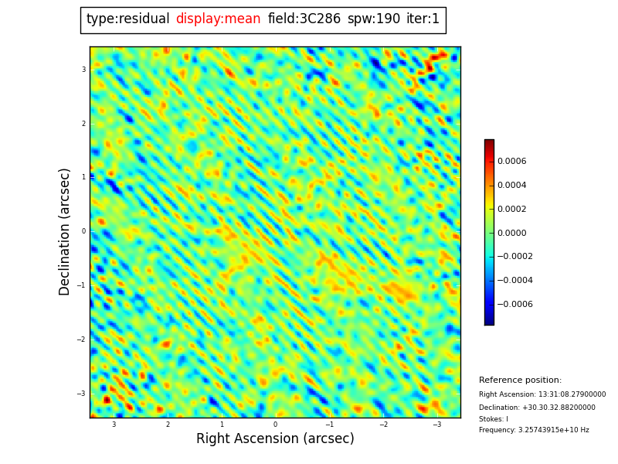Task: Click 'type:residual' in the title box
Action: point(127,19)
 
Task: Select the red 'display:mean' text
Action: point(218,19)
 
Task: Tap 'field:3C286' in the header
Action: point(304,19)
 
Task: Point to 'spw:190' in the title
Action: point(374,19)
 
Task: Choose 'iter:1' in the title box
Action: point(423,19)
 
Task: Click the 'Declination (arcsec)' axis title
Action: point(65,231)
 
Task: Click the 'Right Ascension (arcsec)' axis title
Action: point(275,439)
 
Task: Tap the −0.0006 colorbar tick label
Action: point(514,305)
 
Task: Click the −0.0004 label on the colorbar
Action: point(514,281)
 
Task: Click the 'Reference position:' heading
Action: point(520,380)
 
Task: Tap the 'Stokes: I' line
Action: point(494,419)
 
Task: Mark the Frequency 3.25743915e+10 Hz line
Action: point(534,430)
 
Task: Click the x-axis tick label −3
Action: point(436,425)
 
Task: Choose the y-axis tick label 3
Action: point(83,70)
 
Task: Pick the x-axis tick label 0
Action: point(275,425)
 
